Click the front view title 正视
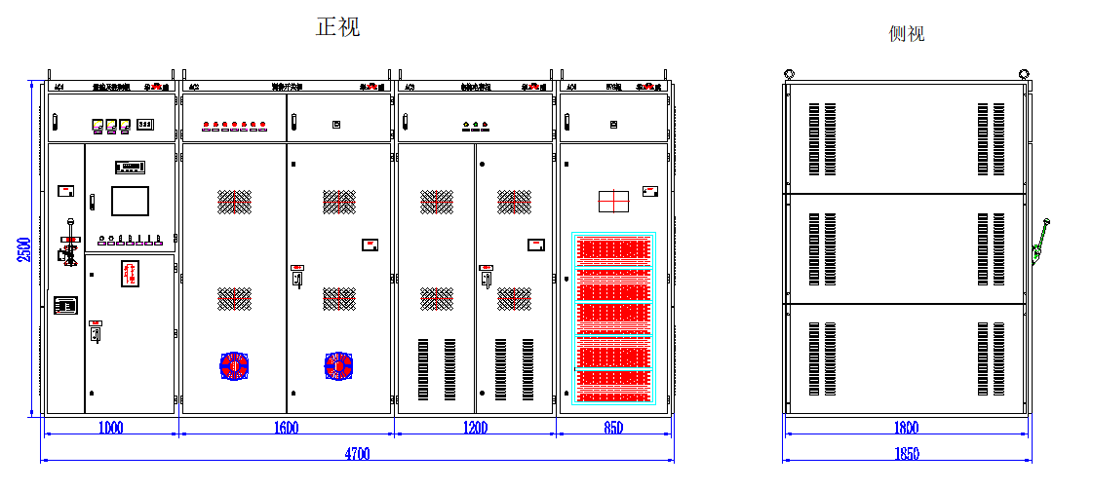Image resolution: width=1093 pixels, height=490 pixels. coord(337,26)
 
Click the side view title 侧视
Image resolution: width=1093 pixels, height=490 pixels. coord(906,34)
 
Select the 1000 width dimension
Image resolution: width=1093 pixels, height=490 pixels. coord(110,428)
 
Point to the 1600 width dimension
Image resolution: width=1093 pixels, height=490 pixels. coord(287,428)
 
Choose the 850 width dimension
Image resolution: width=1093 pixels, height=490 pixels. coord(614,428)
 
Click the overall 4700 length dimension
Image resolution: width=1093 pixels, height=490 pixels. coord(357,453)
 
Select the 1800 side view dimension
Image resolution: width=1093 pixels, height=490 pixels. coord(906,428)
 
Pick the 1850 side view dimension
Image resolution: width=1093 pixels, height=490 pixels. coord(906,453)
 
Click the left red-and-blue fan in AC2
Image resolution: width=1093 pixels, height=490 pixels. coord(234,365)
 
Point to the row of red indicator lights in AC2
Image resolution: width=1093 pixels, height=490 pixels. coord(234,125)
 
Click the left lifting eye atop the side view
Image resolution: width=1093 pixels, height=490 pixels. coord(789,73)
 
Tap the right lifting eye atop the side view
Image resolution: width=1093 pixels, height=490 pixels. coord(1023,73)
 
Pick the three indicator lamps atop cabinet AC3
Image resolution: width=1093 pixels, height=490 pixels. coord(475,125)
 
